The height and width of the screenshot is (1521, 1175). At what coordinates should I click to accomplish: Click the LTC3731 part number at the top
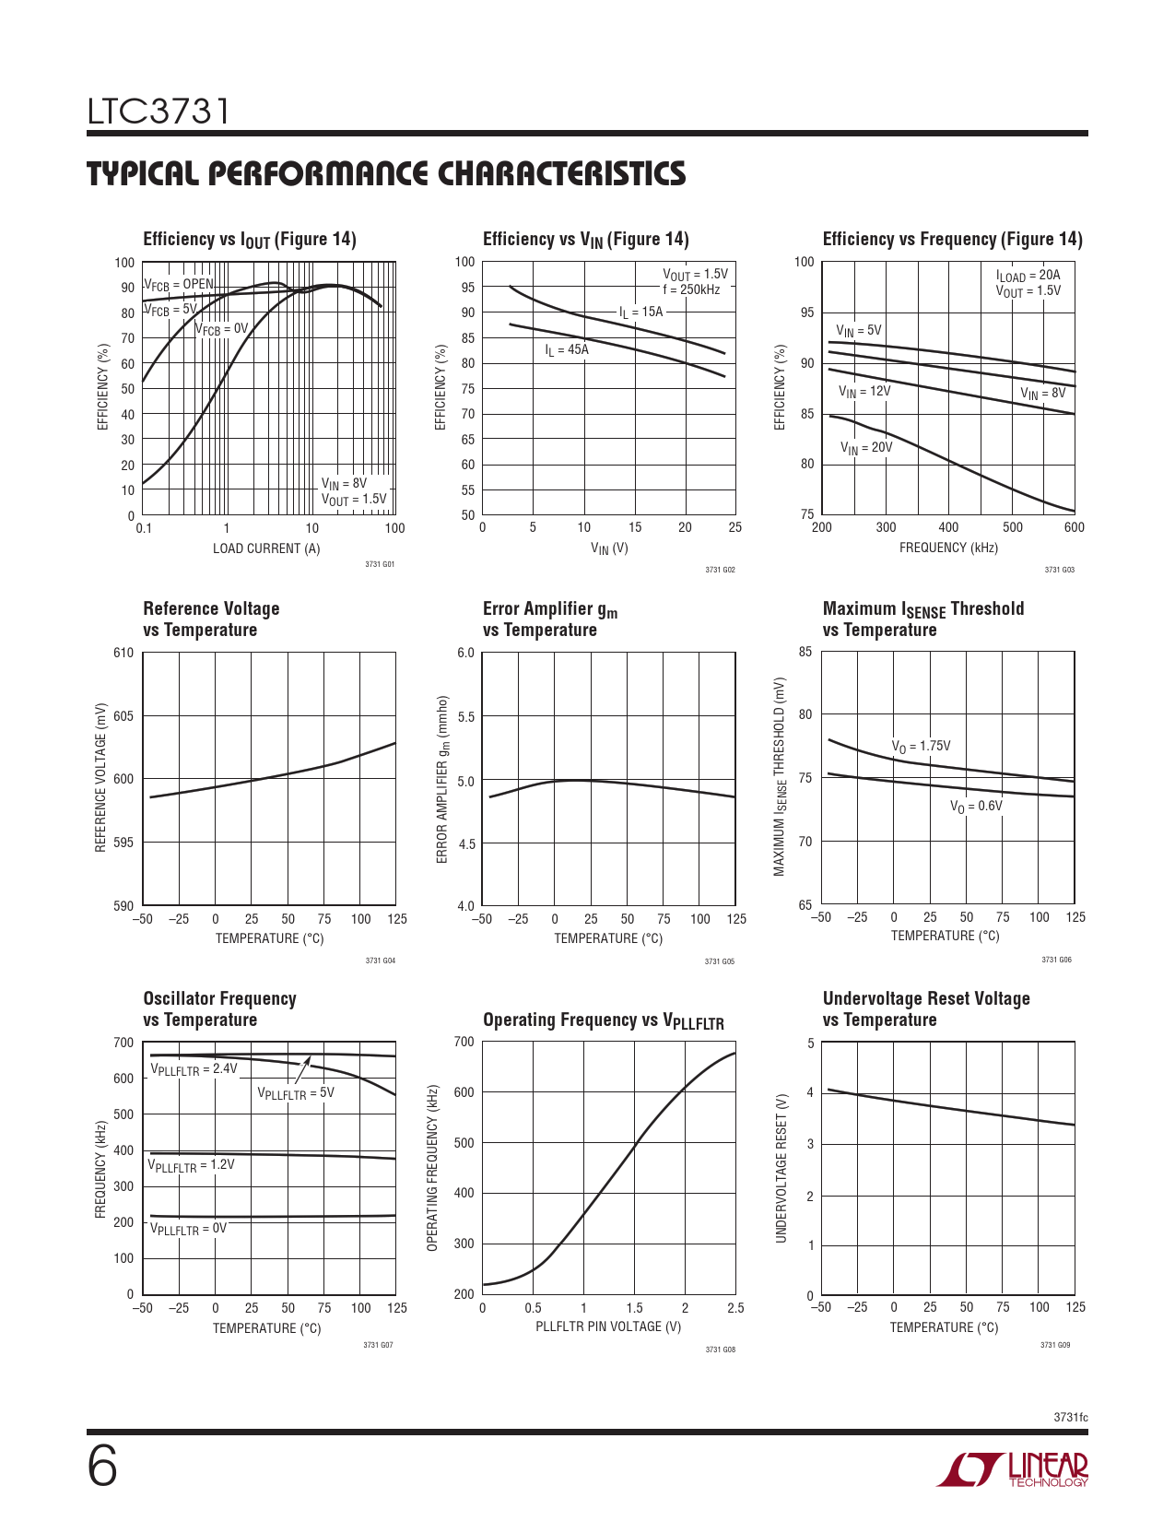[159, 112]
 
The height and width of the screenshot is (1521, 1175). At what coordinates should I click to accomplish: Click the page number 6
[102, 1467]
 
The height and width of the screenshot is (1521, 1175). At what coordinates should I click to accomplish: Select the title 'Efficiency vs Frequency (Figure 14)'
[952, 240]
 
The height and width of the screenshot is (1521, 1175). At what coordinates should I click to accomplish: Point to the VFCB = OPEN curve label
[179, 285]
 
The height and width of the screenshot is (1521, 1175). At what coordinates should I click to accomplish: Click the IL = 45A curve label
[566, 350]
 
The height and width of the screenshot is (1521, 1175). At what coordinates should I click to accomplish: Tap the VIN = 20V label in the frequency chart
[866, 448]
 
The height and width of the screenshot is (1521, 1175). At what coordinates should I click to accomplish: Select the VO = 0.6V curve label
[976, 807]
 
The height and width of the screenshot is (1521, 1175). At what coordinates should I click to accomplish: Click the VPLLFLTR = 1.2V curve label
[192, 1165]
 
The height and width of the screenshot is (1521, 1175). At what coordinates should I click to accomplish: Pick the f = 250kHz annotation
[691, 289]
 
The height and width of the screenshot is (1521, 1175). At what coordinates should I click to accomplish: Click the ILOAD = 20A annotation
[1028, 275]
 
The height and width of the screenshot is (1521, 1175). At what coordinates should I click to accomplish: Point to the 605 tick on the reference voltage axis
[123, 716]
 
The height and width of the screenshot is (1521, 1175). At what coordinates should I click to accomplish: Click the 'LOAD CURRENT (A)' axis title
[266, 548]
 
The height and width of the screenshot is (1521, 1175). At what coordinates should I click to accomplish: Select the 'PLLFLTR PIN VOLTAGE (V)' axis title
[608, 1326]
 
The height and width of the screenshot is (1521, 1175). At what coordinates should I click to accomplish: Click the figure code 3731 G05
[720, 961]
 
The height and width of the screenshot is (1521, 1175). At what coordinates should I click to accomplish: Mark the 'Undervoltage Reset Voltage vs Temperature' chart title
[926, 1009]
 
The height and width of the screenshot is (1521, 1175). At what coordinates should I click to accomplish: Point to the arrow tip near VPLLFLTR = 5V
[310, 1056]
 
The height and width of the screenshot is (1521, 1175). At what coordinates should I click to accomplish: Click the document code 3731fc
[1071, 1417]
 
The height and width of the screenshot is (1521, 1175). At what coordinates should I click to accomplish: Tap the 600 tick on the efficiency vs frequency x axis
[1074, 528]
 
